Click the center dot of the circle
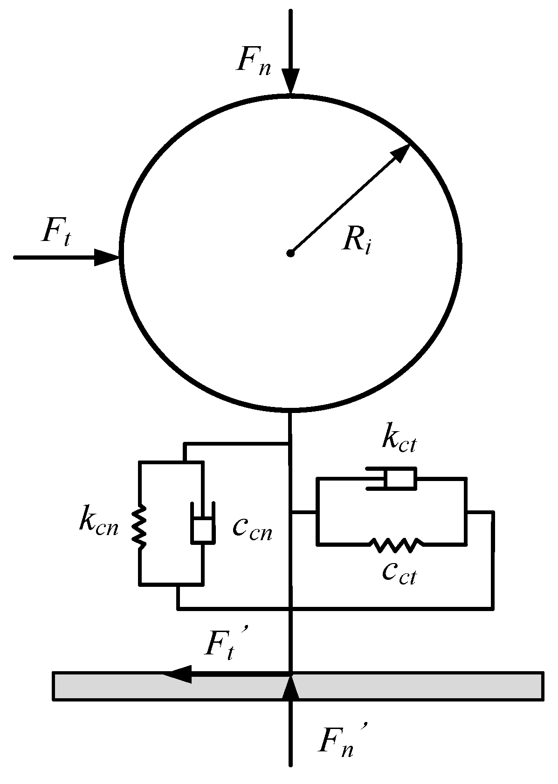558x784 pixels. pos(290,253)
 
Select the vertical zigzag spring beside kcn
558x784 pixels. pos(139,525)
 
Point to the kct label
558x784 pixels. pos(399,440)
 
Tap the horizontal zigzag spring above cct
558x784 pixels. pos(396,544)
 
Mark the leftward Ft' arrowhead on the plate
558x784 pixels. pos(179,674)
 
